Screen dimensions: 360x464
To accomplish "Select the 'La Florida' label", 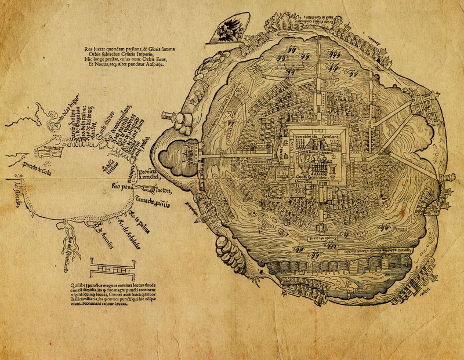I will pyautogui.click(x=17, y=192).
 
